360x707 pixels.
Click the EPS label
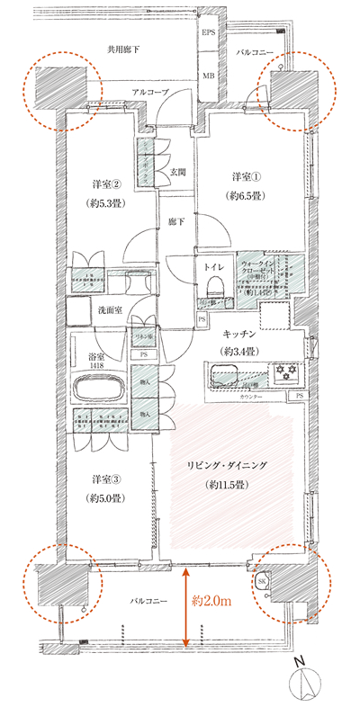[x=208, y=34]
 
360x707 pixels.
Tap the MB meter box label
[x=208, y=76]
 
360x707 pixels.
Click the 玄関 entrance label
[x=177, y=171]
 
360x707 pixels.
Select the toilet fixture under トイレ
[x=214, y=287]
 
